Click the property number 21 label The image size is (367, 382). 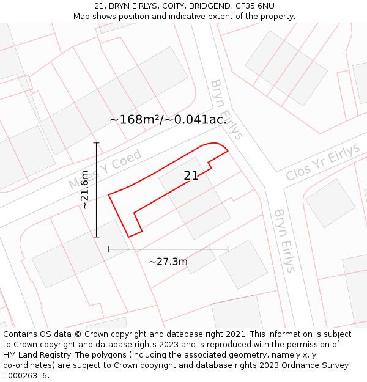pos(191,175)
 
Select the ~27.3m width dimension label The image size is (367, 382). pos(168,262)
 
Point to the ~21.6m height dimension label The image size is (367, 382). pos(85,189)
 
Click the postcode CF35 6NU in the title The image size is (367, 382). pos(253,6)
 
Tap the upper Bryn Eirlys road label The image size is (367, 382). pos(226,109)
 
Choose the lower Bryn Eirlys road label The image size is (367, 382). pos(284,240)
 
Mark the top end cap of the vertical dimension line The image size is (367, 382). pos(96,143)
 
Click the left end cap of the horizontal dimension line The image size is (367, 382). pos(109,249)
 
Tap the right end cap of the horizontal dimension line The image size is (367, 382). pos(228,249)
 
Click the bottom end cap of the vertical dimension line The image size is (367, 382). pos(96,237)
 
